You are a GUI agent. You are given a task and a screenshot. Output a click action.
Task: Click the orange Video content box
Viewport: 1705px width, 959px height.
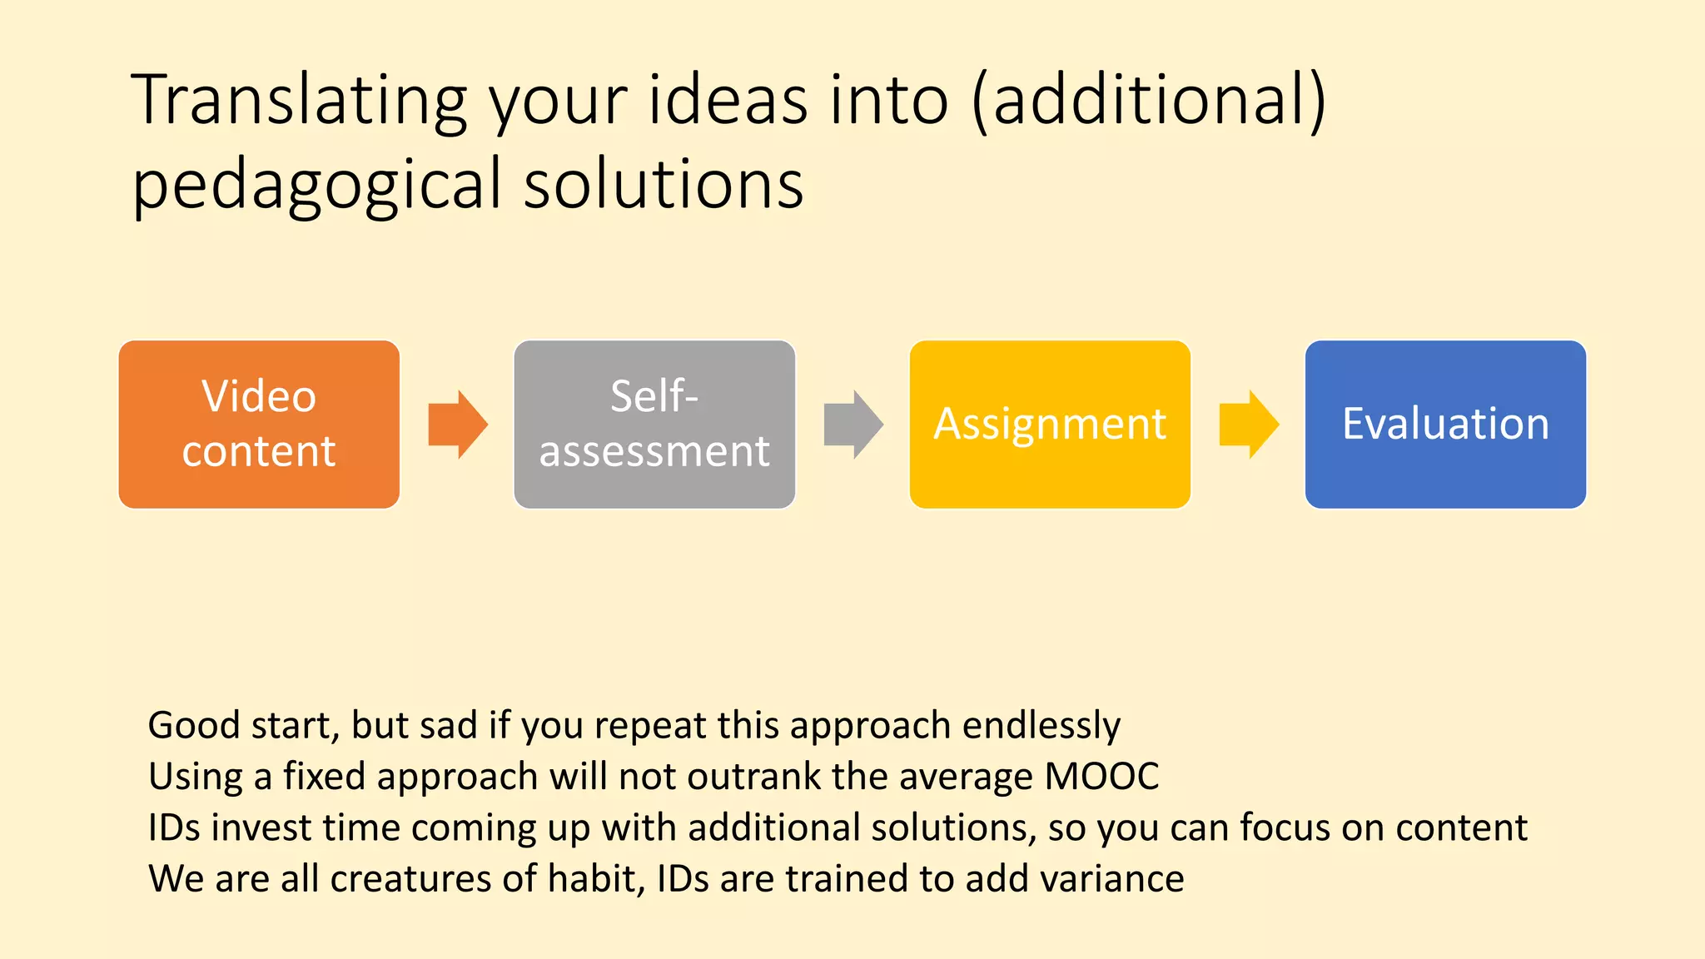259,424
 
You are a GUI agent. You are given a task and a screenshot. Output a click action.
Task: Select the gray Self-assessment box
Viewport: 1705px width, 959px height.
654,424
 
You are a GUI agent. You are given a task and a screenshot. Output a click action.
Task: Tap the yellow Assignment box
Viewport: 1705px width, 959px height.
1050,424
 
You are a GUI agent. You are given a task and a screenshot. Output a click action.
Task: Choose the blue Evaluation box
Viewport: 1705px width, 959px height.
1445,424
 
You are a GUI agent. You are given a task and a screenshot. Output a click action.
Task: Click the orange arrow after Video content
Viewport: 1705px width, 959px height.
457,424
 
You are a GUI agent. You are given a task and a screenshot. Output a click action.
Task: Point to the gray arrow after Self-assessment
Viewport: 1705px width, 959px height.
852,424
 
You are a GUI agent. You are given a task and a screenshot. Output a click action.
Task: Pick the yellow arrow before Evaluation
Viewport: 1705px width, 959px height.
1248,424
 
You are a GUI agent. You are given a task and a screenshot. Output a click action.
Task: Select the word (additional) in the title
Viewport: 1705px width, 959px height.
1148,101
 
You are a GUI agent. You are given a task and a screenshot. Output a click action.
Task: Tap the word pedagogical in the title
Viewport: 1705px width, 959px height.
317,186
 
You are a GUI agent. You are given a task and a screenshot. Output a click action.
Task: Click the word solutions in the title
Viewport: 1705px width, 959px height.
664,184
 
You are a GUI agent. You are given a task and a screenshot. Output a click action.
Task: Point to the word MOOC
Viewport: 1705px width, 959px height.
1101,777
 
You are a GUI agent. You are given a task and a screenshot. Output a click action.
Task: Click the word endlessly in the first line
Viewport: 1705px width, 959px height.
1041,726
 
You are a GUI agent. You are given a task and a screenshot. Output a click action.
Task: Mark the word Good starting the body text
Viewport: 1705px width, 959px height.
193,726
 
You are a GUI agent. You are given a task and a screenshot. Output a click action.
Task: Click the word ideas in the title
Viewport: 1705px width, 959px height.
728,101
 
